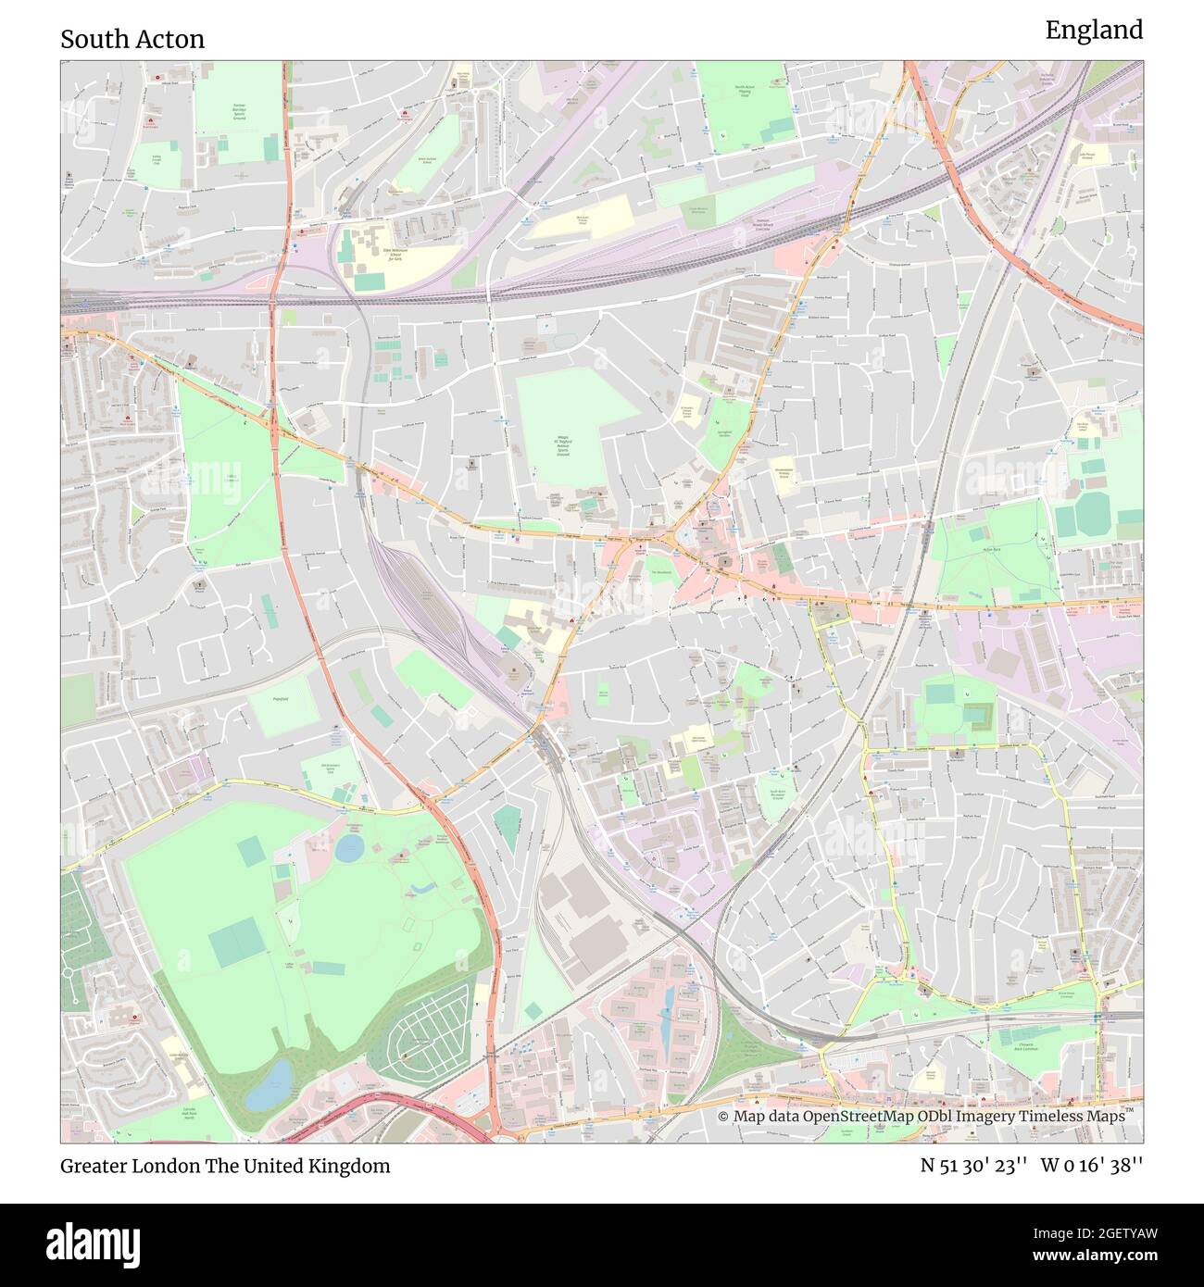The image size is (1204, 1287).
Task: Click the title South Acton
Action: pyautogui.click(x=132, y=39)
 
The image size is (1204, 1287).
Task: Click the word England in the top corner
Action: pyautogui.click(x=1094, y=31)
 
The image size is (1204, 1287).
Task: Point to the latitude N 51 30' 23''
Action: pyautogui.click(x=972, y=1166)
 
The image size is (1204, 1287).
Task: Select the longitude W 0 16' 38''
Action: pyautogui.click(x=1092, y=1166)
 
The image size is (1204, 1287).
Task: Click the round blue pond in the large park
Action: pyautogui.click(x=349, y=848)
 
